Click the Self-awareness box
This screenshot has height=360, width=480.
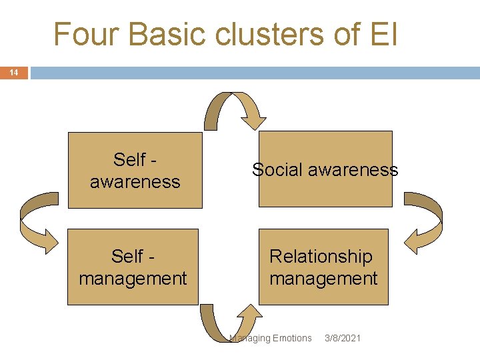(135, 170)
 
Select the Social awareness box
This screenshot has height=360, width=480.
(325, 169)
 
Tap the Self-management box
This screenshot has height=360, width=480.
(133, 267)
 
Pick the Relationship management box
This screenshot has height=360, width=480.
(323, 267)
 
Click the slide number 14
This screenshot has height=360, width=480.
(13, 73)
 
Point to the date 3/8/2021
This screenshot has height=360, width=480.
(342, 338)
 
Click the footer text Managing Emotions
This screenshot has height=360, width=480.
(271, 338)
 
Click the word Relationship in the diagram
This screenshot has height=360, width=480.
(321, 256)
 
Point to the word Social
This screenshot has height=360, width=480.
(277, 170)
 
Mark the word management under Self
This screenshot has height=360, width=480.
(133, 278)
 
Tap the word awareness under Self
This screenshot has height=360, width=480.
(135, 181)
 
